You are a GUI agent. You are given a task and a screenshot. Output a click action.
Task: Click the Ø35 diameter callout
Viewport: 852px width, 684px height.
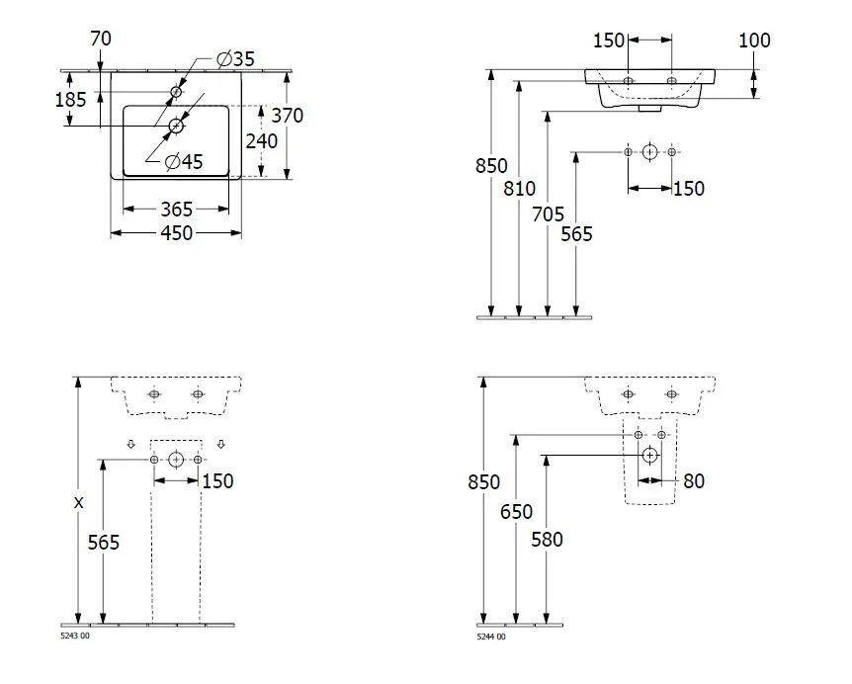235,59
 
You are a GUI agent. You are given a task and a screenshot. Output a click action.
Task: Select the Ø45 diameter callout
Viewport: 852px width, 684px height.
184,161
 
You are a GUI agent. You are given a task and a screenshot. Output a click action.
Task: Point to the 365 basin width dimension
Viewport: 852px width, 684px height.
176,209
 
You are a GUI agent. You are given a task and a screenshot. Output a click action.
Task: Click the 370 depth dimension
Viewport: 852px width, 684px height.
287,116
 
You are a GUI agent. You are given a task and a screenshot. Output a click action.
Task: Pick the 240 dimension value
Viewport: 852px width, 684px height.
262,140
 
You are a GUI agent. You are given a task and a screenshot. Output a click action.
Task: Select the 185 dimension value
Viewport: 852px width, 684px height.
71,99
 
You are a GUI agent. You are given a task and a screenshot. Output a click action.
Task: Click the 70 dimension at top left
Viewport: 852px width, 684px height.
100,39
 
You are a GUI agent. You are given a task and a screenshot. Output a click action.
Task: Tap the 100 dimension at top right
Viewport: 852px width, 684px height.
753,41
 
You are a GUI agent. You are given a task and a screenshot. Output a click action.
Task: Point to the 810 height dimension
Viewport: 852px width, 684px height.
519,188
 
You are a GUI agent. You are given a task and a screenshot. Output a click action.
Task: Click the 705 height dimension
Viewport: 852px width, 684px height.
548,213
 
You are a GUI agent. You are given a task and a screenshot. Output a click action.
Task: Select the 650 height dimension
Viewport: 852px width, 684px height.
516,511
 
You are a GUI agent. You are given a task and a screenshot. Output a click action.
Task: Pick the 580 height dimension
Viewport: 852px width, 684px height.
545,540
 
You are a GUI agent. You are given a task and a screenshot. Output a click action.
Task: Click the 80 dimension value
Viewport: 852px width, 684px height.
694,481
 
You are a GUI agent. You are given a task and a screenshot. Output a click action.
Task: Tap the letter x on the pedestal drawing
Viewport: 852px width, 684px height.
77,502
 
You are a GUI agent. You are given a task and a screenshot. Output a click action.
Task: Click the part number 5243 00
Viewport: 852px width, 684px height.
75,638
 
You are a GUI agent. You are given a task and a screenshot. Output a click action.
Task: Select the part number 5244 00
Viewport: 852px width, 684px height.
491,638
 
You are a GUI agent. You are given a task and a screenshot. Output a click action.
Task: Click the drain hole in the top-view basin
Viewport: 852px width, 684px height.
176,126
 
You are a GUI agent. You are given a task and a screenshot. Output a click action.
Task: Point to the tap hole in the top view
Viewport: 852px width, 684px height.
176,92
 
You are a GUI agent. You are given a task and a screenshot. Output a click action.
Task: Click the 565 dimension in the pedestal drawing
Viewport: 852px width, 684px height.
103,542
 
